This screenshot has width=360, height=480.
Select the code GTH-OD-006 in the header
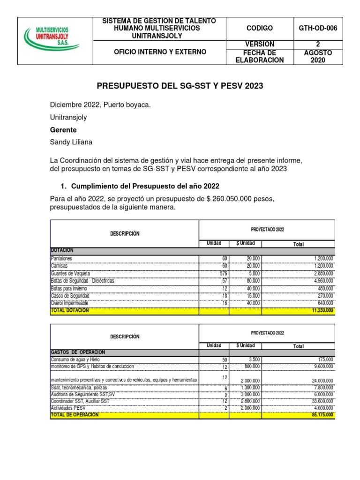click(318, 28)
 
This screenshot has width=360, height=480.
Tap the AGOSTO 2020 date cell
click(318, 56)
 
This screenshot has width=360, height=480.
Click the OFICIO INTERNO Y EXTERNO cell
click(160, 52)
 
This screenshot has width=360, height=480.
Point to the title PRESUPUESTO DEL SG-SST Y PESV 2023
click(180, 86)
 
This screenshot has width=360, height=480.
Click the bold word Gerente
click(63, 129)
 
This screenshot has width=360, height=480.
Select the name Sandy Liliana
click(72, 142)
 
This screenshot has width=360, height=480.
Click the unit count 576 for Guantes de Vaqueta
click(223, 273)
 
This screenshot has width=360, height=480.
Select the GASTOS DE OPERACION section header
click(78, 352)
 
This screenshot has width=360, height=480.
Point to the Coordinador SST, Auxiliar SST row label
click(80, 401)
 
